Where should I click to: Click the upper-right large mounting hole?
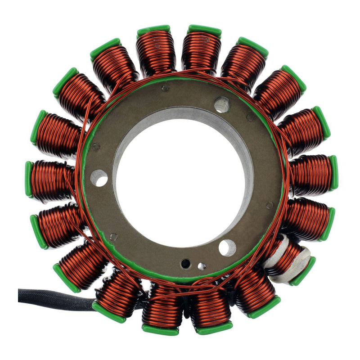[x=221, y=104]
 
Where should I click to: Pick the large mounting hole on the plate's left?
[x=99, y=178]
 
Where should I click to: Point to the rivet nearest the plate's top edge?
[x=166, y=89]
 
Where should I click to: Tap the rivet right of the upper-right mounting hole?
[x=250, y=117]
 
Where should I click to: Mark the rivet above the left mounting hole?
[x=95, y=146]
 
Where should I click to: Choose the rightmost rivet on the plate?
[x=269, y=205]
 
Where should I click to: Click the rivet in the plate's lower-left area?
[x=114, y=237]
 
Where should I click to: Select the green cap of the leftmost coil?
[x=28, y=179]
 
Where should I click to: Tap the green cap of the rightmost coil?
[x=333, y=172]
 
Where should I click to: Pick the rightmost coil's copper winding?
[x=310, y=172]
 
